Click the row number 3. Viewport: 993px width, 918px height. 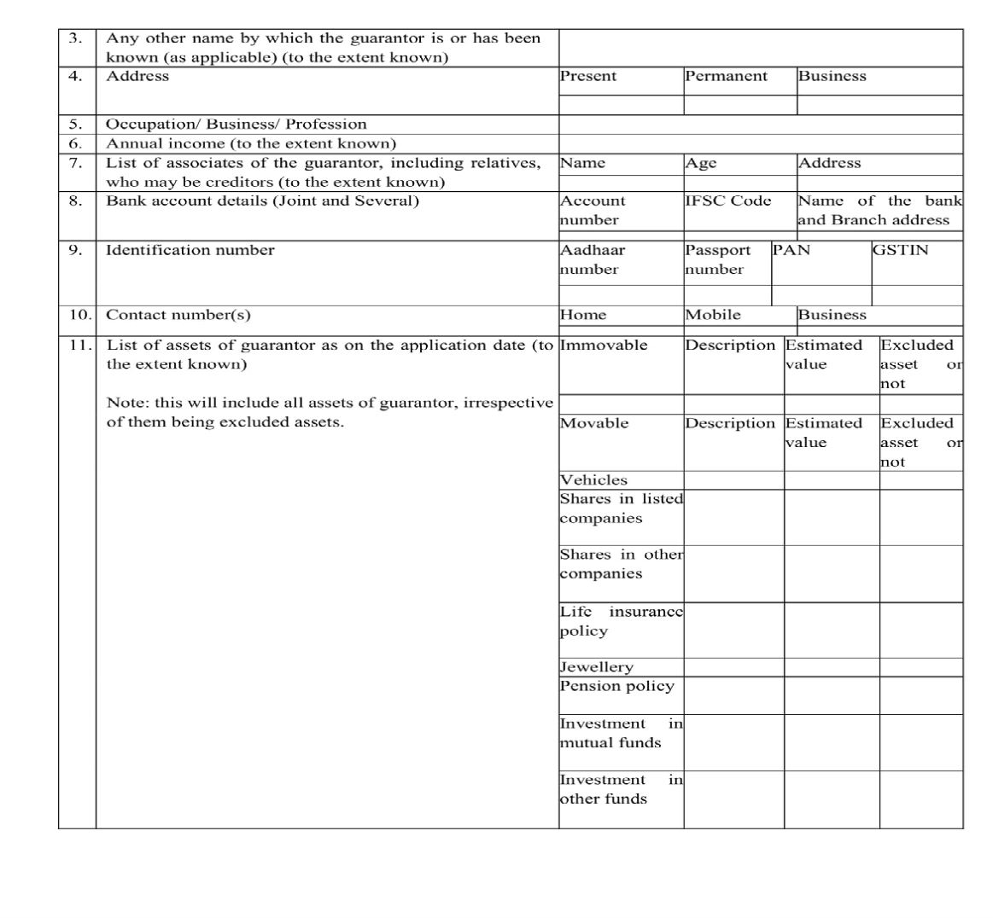pos(75,38)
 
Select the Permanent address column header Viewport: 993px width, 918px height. pos(726,76)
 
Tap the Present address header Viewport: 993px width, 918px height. pos(587,76)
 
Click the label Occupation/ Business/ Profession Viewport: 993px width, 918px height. pos(236,124)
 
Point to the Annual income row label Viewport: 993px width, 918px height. pos(250,143)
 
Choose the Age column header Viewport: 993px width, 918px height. pos(701,163)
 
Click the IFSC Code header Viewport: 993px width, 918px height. pos(727,200)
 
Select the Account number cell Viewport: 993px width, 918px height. pos(592,210)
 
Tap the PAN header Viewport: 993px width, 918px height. pos(791,250)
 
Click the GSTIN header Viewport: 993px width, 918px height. pos(900,250)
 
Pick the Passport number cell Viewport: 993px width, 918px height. pos(717,259)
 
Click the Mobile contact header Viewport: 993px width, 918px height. pos(713,315)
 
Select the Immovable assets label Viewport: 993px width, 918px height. pos(603,346)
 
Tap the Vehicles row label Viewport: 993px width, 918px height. pos(593,480)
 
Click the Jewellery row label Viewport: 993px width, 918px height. pos(596,667)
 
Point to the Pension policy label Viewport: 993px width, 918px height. pos(616,686)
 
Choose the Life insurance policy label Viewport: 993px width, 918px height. pos(621,621)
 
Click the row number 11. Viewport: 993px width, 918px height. pos(79,346)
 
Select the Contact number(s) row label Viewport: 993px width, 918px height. pos(178,315)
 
